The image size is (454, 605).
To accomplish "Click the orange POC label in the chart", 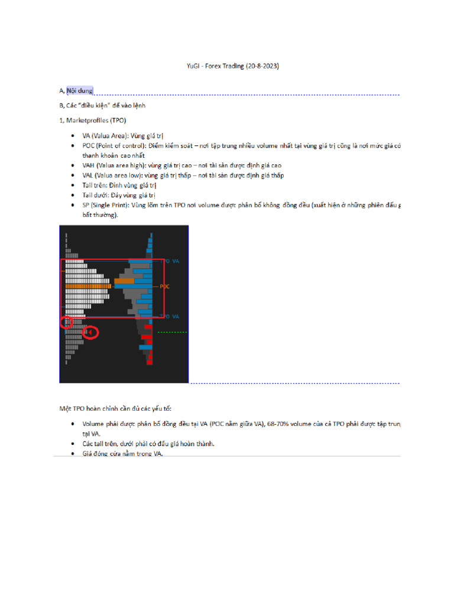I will [164, 286].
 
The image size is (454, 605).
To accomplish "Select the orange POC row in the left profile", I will [79, 286].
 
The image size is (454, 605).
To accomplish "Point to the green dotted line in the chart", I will [173, 332].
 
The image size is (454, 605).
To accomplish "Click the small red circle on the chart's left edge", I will [66, 323].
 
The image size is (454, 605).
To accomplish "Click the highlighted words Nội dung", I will [80, 90].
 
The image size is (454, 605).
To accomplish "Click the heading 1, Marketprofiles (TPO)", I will [92, 121].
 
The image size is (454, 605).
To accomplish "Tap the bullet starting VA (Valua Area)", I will [122, 135].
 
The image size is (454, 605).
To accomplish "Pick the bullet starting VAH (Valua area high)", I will [181, 165].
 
